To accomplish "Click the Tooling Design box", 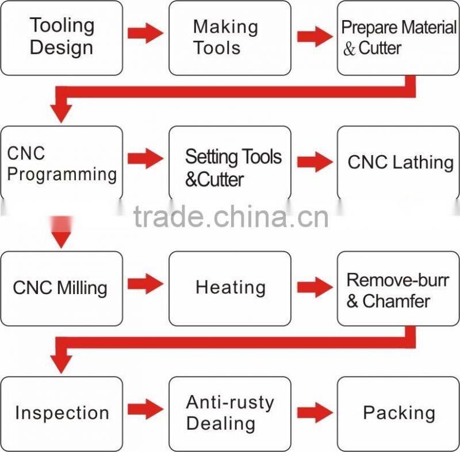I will click(62, 38).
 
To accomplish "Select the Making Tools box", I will click(229, 38).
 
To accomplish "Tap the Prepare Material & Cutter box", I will click(398, 38).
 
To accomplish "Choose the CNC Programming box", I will click(62, 163).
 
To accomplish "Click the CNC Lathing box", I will click(398, 163).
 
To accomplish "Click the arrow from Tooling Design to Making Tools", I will click(145, 33).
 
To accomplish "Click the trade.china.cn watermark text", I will click(231, 217).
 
